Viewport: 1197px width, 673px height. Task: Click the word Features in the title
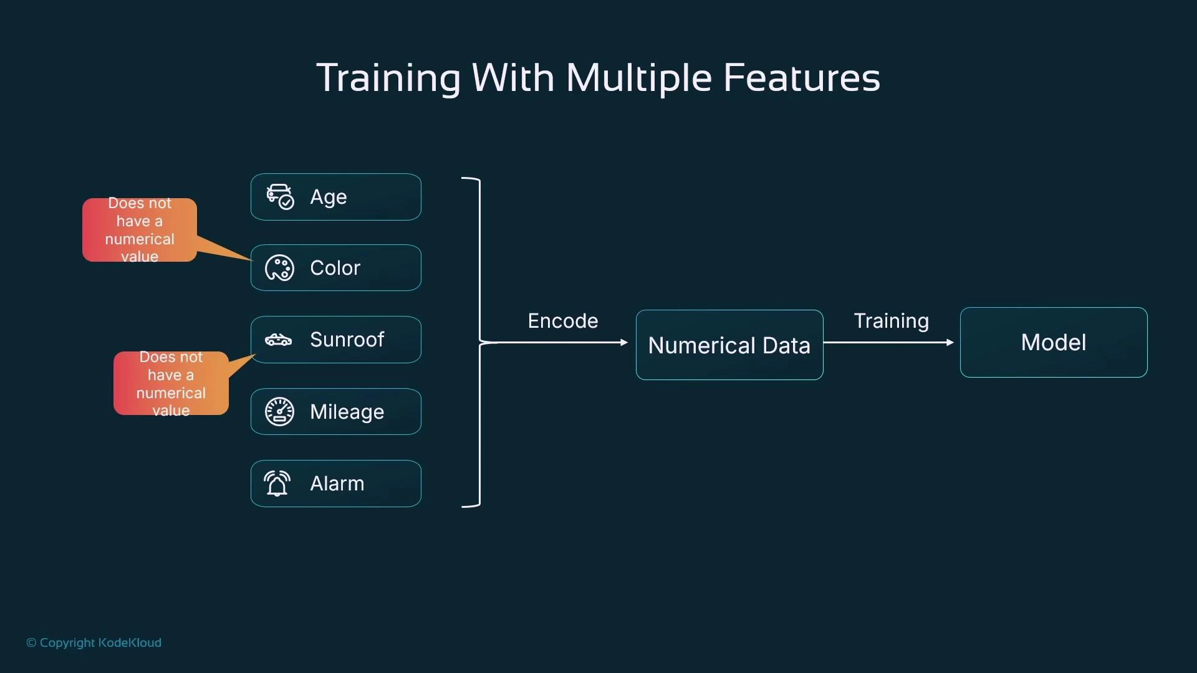coord(801,78)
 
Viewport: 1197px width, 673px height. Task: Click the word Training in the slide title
coord(388,78)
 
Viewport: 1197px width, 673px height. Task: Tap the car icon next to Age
coord(280,196)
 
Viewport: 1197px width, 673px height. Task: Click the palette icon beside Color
coord(279,268)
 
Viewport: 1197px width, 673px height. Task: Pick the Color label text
coord(335,268)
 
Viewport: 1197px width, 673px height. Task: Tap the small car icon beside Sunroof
coord(279,340)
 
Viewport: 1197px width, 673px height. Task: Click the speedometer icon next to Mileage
coord(279,411)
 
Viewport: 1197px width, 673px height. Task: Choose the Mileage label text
coord(347,412)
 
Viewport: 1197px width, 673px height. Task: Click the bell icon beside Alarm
coord(277,484)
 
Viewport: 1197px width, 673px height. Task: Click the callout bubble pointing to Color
coord(140,230)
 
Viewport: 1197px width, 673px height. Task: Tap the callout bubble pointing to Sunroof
coord(171,383)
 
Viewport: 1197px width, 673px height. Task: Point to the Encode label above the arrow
coord(562,321)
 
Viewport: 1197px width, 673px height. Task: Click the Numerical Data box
coord(729,345)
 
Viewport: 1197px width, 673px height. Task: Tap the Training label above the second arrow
coord(891,321)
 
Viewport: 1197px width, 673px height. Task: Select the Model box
coord(1054,342)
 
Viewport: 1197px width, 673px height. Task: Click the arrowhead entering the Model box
coord(950,342)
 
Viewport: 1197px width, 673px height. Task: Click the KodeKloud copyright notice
coord(94,642)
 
